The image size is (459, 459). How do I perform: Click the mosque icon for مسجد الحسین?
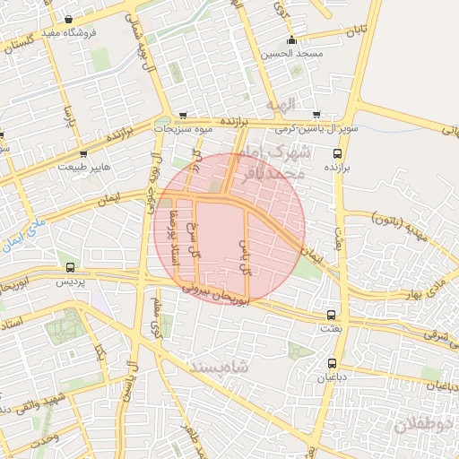click(x=291, y=40)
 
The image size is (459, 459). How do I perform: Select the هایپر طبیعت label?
click(x=86, y=167)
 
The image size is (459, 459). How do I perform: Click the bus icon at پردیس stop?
click(x=71, y=267)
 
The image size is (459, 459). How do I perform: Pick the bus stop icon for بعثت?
click(x=332, y=316)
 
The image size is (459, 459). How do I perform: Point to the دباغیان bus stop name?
click(x=332, y=377)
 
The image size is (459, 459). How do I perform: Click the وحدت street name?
click(x=45, y=437)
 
